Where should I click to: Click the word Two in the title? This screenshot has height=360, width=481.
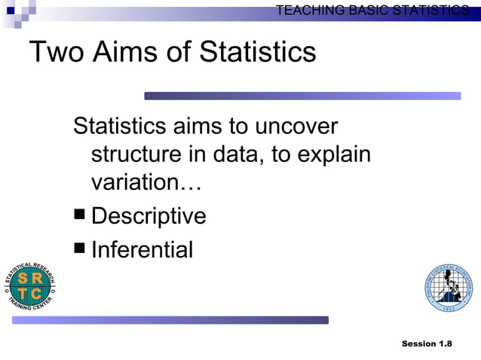coord(57,52)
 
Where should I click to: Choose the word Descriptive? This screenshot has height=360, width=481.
coord(149,216)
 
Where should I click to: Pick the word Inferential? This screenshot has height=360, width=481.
coord(142,249)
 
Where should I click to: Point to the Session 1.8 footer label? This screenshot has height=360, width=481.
coord(427,343)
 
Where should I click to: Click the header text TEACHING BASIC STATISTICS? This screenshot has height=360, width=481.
coord(372,10)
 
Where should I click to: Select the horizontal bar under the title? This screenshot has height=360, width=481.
coord(302,96)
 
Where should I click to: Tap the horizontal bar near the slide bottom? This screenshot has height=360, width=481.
coord(170,320)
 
